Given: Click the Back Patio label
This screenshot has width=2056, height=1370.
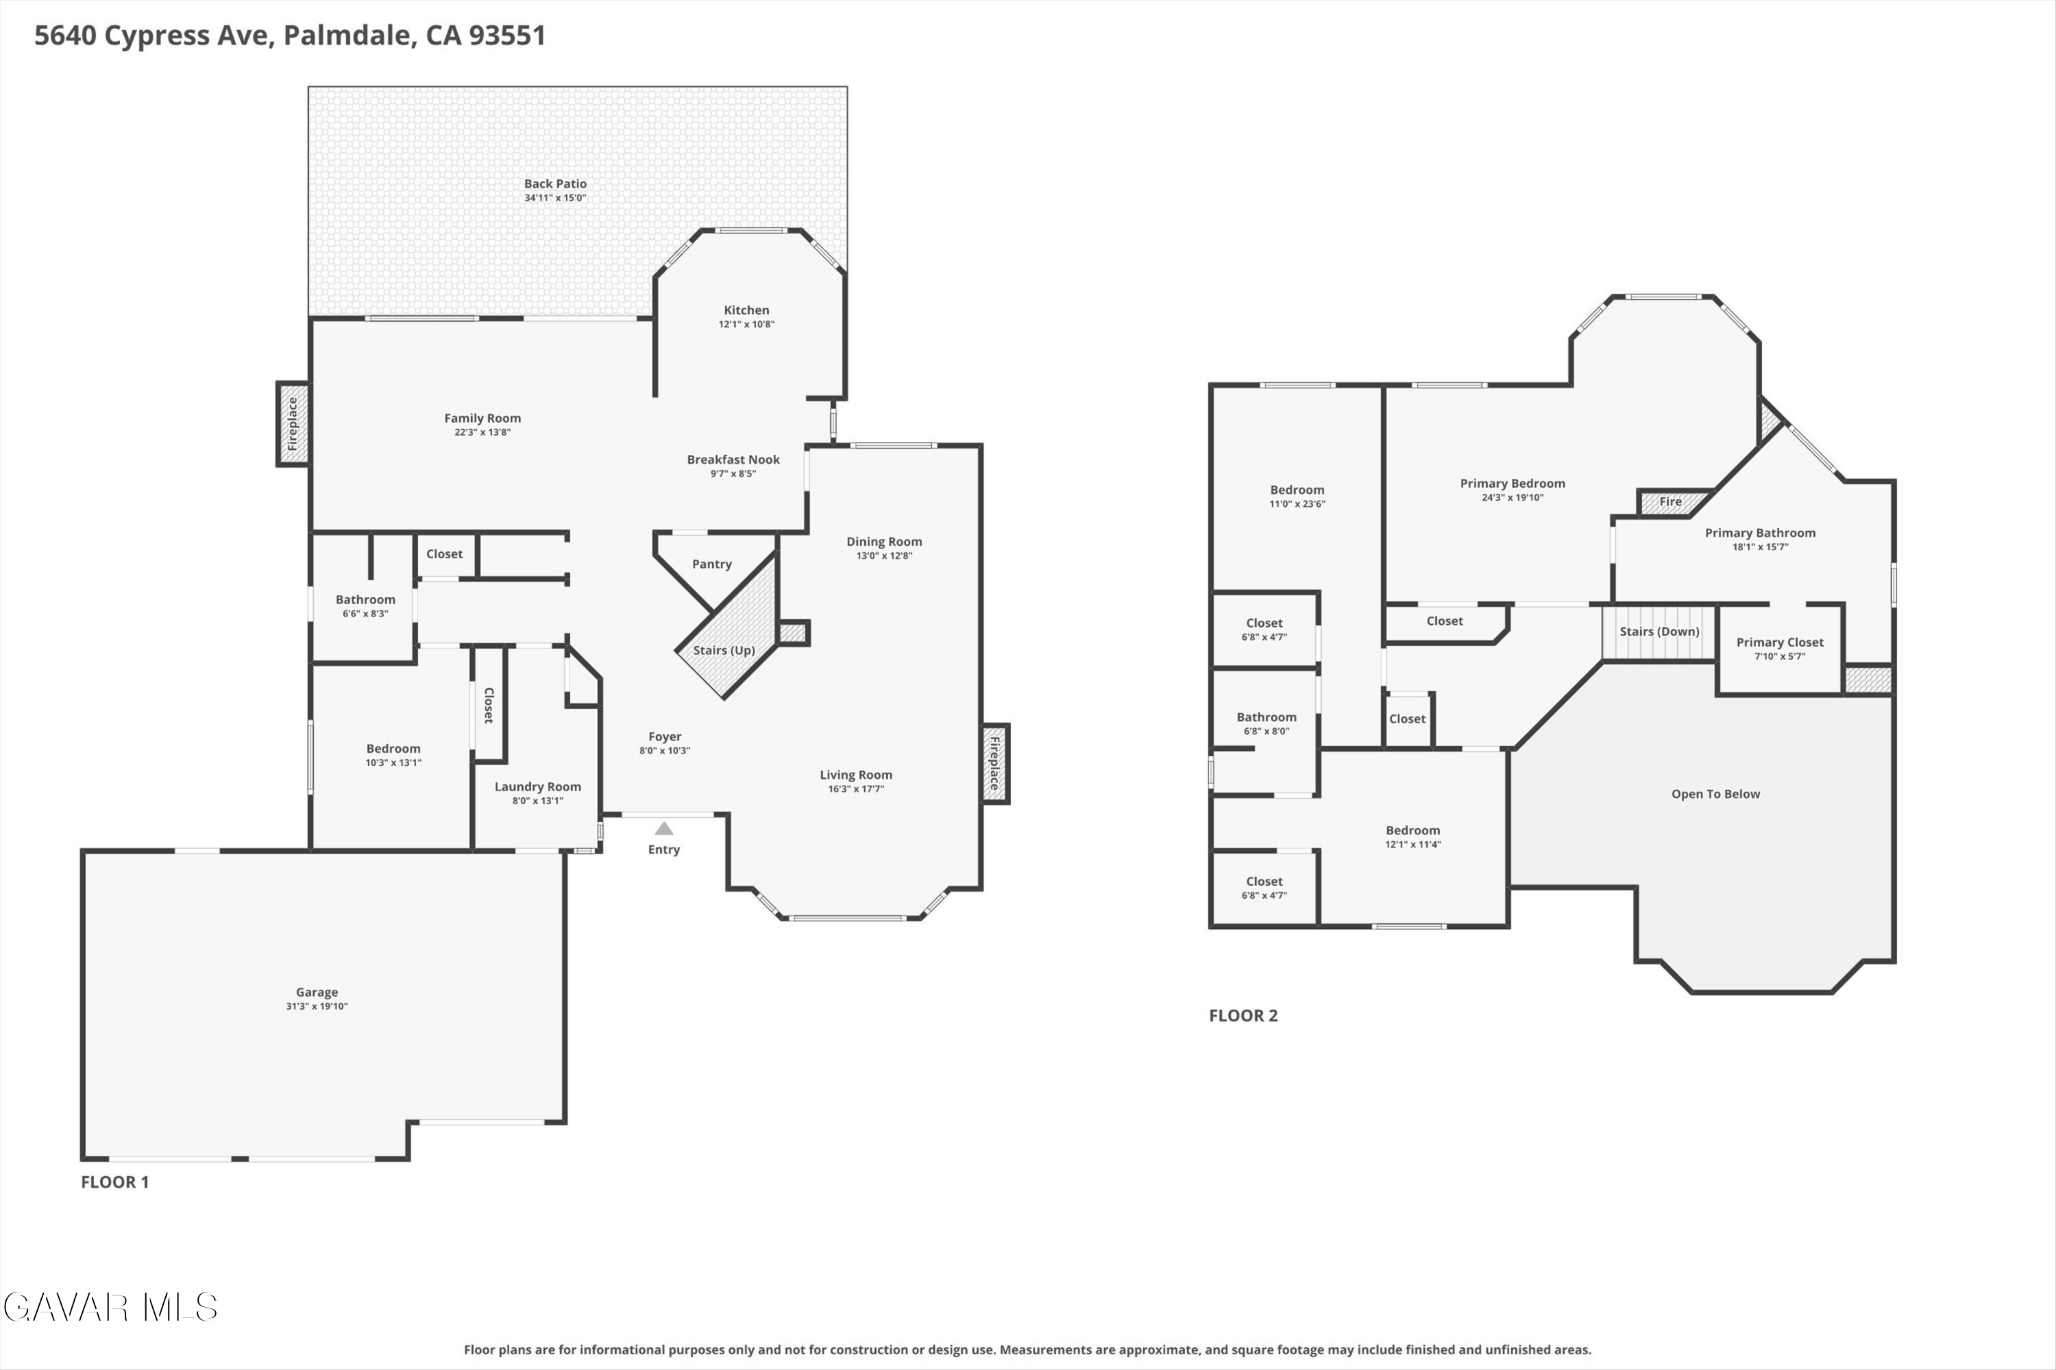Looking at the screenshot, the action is click(555, 184).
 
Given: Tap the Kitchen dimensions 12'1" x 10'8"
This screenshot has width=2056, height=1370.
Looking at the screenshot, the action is click(746, 324).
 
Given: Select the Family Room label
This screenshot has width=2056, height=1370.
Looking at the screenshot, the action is click(482, 419).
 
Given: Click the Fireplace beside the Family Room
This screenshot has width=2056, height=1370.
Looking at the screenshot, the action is click(293, 424).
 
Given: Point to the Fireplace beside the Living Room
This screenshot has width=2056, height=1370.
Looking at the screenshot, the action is click(995, 764).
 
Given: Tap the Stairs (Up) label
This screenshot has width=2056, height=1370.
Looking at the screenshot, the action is click(724, 650).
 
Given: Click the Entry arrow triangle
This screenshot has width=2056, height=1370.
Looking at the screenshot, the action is click(664, 828).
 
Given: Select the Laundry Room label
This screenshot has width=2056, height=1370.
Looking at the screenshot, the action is click(537, 787).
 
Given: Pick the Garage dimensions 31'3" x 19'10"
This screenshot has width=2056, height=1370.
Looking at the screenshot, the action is click(317, 1006).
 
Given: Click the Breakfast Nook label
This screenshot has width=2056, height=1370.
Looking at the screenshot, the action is click(733, 460).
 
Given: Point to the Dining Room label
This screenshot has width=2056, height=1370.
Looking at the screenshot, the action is click(884, 542).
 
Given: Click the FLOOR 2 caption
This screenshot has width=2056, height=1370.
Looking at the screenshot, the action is click(1243, 1015).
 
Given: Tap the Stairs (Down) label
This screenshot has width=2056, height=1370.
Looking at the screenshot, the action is click(1659, 632).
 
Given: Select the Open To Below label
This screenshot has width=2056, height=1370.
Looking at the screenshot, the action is click(1715, 794).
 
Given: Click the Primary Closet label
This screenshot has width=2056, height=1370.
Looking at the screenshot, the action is click(1780, 643).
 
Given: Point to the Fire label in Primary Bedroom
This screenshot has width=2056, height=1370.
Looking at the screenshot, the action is click(1671, 501).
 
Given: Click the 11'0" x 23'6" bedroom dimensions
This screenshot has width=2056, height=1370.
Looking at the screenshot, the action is click(1297, 504).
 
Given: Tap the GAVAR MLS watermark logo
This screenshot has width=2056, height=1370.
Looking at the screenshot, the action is click(110, 1307).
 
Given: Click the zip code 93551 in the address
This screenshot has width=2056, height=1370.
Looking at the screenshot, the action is click(507, 35).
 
